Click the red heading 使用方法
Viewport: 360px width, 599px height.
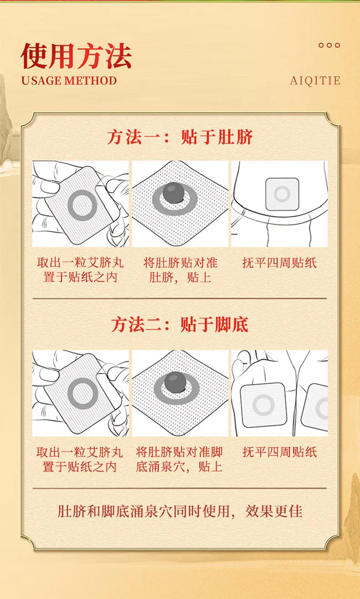click(x=76, y=57)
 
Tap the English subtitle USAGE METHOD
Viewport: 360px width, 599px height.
click(x=69, y=81)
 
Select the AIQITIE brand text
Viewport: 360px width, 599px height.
click(x=315, y=81)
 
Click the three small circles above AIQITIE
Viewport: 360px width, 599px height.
click(x=329, y=45)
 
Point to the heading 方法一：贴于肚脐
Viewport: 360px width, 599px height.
click(x=180, y=137)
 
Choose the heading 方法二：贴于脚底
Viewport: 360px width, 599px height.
click(x=180, y=325)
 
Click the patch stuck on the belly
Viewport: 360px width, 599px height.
click(x=282, y=194)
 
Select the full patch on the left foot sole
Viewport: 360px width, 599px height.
click(x=263, y=405)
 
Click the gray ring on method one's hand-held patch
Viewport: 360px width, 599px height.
click(x=82, y=206)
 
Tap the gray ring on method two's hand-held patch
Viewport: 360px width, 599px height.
click(x=82, y=393)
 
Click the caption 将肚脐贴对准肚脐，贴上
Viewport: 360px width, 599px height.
click(x=180, y=270)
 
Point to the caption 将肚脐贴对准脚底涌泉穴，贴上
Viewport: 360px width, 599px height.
click(x=180, y=459)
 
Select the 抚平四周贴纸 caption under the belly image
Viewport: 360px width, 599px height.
click(x=279, y=263)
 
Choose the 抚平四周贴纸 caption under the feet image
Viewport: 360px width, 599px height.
click(x=279, y=452)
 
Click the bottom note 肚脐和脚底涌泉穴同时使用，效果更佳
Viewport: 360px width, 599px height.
click(x=180, y=511)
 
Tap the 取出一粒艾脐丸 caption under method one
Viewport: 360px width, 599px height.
click(x=80, y=263)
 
